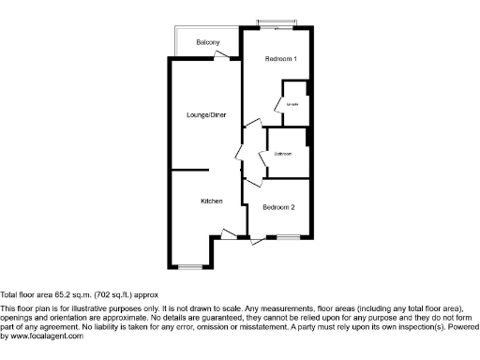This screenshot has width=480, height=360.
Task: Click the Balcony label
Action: tap(208, 43)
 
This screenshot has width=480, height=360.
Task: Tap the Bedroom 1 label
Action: tap(280, 59)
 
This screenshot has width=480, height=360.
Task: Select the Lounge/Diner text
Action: tap(206, 115)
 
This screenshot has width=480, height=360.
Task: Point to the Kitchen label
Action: tap(211, 202)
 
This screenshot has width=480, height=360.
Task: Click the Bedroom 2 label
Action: tap(279, 207)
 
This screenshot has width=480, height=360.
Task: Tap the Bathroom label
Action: tap(283, 154)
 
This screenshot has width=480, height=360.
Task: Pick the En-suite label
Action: tap(292, 104)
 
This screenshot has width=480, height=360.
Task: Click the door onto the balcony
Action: tap(222, 55)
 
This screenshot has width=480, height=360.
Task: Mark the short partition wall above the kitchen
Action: tap(187, 170)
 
